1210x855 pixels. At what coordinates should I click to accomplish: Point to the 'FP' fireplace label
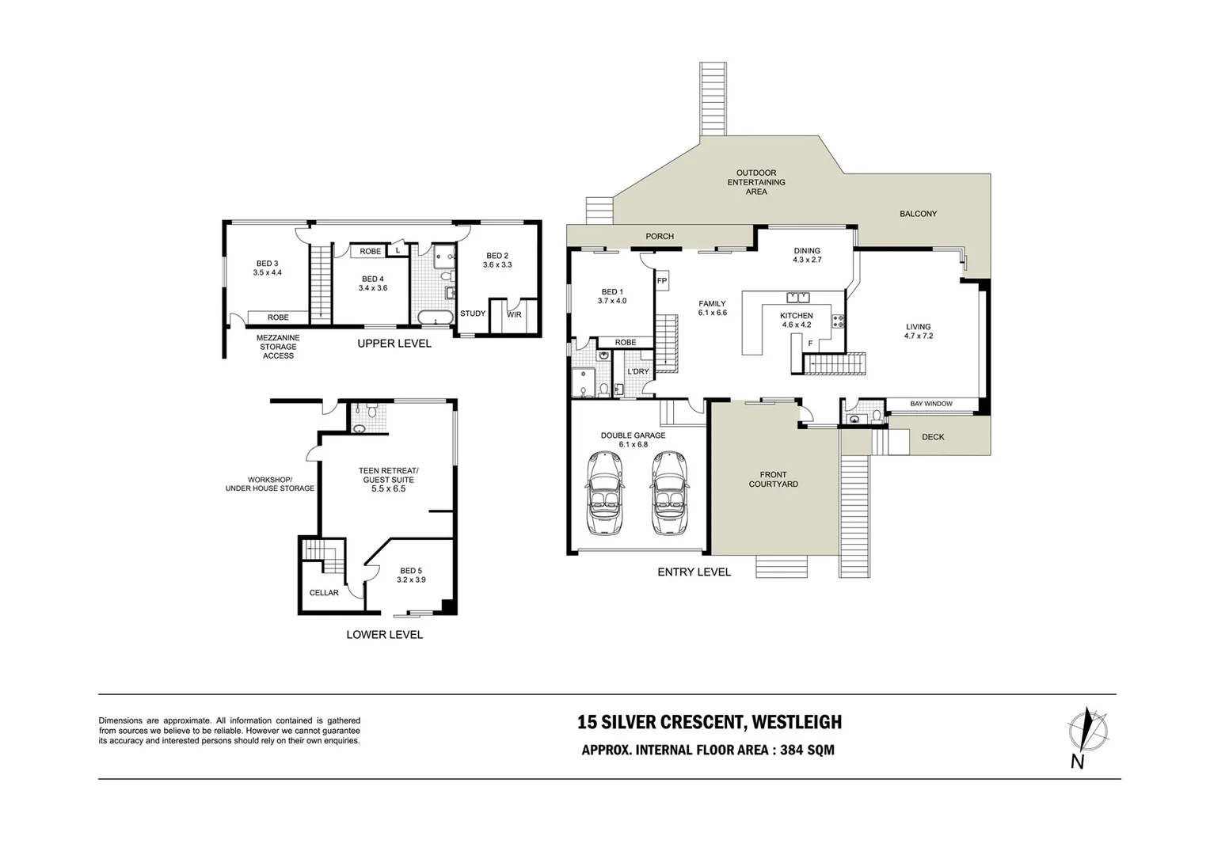[x=662, y=281]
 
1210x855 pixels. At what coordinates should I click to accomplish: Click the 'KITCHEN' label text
[x=796, y=316]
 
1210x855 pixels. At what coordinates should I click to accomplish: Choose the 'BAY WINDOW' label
[x=930, y=404]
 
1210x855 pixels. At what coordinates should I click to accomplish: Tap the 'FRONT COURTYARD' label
[x=773, y=480]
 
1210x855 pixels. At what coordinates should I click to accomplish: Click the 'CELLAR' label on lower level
[x=324, y=593]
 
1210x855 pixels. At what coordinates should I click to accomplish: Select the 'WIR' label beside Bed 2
[x=514, y=314]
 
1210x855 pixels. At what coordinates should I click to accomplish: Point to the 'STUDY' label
[x=473, y=313]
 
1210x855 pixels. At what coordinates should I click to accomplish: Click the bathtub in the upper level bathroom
[x=436, y=318]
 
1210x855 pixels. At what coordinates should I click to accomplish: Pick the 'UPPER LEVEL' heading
[x=394, y=344]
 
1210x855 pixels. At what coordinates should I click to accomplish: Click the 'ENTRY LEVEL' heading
[x=694, y=572]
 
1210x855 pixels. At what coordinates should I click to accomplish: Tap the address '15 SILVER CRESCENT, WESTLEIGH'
[x=709, y=722]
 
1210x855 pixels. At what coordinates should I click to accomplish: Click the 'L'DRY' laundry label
[x=637, y=371]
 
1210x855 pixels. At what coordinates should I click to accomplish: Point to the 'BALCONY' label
[x=918, y=214]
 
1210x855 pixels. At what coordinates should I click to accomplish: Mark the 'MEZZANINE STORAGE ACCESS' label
[x=278, y=347]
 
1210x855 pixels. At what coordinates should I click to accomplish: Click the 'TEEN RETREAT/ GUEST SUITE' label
[x=388, y=475]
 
